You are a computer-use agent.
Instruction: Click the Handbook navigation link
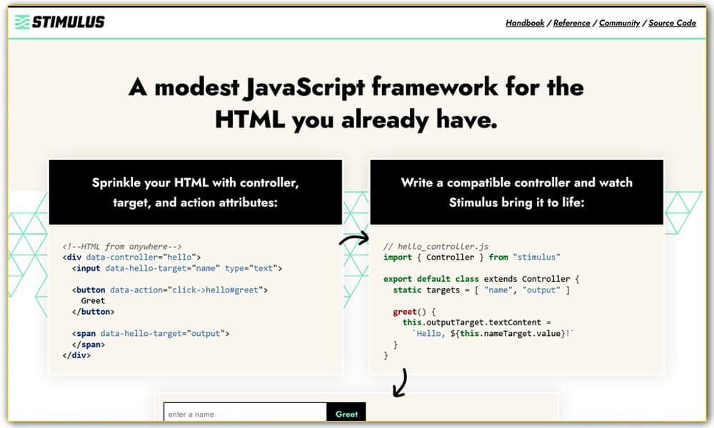[x=525, y=23]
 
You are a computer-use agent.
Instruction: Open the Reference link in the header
[x=571, y=23]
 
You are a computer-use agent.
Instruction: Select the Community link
[x=619, y=23]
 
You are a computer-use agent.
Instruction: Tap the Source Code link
[x=672, y=23]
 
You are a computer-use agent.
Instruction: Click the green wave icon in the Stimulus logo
[x=22, y=22]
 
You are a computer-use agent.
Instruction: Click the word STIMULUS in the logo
[x=69, y=22]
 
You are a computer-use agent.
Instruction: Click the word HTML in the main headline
[x=250, y=120]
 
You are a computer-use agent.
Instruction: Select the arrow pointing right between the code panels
[x=355, y=240]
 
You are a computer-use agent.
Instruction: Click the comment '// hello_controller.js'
[x=436, y=246]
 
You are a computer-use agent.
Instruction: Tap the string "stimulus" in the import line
[x=536, y=257]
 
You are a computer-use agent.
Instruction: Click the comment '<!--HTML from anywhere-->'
[x=122, y=246]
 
